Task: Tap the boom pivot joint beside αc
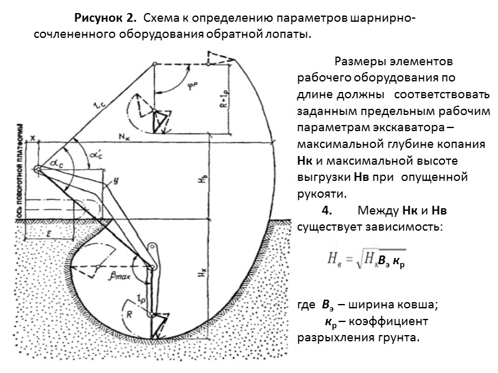38,169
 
